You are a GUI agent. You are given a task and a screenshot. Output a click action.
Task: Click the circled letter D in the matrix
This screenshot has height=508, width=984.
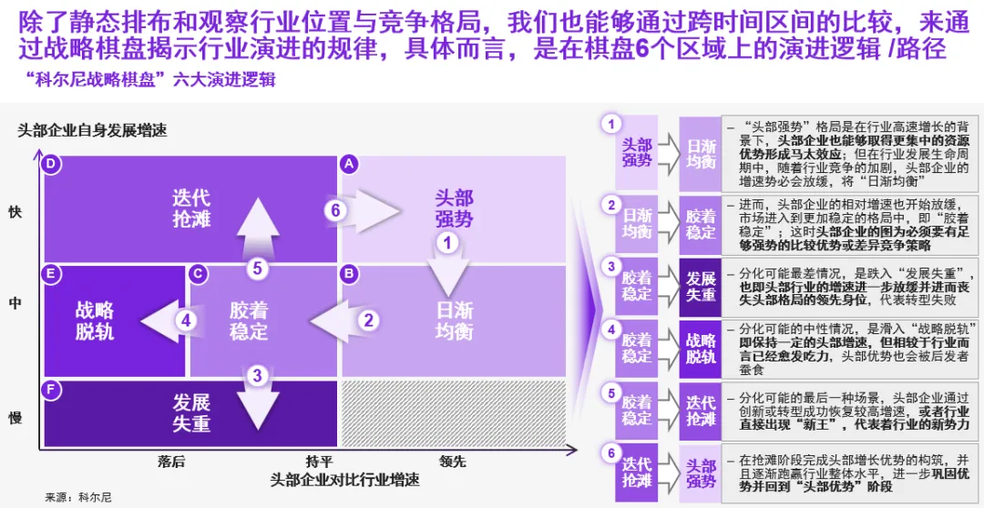(x=52, y=164)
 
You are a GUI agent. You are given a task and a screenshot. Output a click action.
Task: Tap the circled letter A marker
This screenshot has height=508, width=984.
(x=347, y=164)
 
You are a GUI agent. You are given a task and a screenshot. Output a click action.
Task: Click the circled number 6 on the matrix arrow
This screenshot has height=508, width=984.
(x=336, y=210)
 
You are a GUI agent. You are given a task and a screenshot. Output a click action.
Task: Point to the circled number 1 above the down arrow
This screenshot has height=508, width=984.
(x=447, y=242)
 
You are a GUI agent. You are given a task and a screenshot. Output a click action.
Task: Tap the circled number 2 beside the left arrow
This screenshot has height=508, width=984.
(x=369, y=320)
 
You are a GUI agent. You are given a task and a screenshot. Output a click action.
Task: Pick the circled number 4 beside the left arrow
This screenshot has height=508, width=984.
(x=186, y=320)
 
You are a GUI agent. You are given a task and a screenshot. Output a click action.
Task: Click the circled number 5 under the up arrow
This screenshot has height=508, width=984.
(x=258, y=268)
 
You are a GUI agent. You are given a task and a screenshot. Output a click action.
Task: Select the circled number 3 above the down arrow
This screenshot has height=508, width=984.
(x=258, y=374)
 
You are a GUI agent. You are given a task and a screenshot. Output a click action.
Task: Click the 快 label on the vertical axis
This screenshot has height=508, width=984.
(x=15, y=212)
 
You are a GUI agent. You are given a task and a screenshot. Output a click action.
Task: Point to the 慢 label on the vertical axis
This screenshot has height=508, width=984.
(x=15, y=417)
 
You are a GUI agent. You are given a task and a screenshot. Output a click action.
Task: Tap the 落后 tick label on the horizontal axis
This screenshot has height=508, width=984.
(x=171, y=461)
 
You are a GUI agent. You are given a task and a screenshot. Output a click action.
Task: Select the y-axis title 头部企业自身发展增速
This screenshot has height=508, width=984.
(x=93, y=130)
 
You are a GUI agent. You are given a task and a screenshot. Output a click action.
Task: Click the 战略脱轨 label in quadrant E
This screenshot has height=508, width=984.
(x=95, y=320)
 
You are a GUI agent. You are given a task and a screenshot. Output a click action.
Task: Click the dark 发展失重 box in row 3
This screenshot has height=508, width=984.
(x=701, y=286)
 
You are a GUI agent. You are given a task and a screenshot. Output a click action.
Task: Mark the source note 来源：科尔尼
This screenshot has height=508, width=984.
(x=79, y=497)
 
